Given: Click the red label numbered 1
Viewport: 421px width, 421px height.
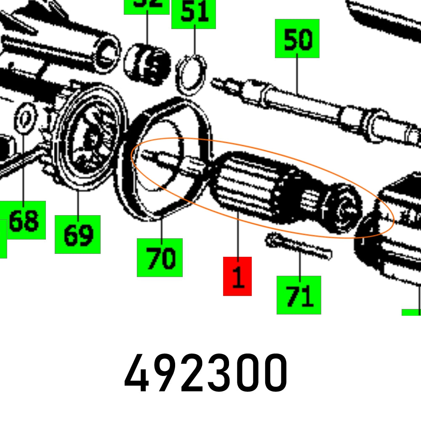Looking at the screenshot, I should pyautogui.click(x=237, y=276).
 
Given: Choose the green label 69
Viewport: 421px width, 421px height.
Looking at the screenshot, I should pyautogui.click(x=78, y=234).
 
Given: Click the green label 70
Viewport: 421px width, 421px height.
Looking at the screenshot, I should pyautogui.click(x=160, y=257).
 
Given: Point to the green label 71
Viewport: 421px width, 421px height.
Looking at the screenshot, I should pyautogui.click(x=299, y=295).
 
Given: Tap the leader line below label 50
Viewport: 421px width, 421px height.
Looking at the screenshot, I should pyautogui.click(x=297, y=76).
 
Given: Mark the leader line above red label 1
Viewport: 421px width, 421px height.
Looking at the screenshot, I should pyautogui.click(x=237, y=236).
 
